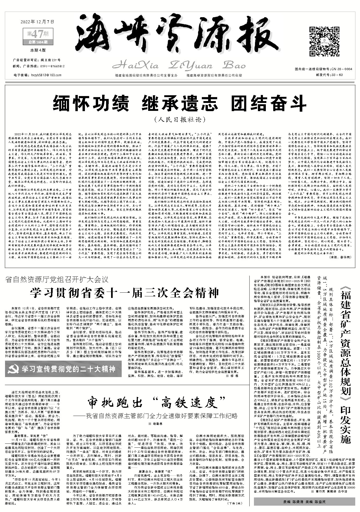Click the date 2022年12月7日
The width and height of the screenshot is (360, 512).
click(37, 22)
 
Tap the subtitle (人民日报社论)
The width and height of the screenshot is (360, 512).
click(180, 120)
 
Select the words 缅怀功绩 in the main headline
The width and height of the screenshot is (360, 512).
click(91, 103)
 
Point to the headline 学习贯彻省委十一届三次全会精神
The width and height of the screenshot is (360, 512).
click(124, 293)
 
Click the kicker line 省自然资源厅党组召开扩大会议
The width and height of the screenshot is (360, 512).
click(57, 279)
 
